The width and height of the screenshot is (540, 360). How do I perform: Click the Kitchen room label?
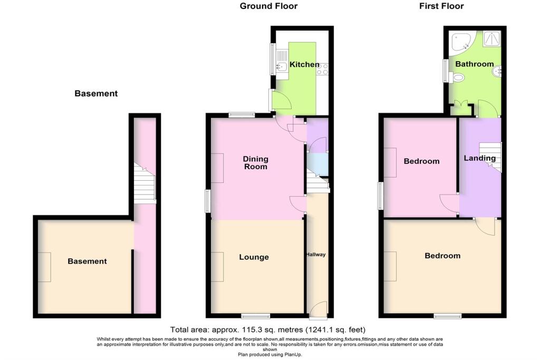click(x=304, y=64)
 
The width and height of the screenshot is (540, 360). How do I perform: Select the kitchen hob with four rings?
click(x=322, y=69)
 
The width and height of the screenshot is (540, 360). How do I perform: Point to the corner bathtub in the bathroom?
click(x=464, y=44)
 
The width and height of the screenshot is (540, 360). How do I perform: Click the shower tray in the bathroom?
click(x=492, y=38)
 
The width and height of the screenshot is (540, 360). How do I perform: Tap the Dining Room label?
click(x=255, y=163)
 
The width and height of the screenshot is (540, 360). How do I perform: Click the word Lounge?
click(x=254, y=257)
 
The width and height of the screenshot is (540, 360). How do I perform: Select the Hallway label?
click(x=316, y=255)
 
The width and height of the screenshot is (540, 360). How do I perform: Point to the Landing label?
click(x=480, y=158)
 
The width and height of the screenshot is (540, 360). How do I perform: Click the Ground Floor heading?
click(x=268, y=6)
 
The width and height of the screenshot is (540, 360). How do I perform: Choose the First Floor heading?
click(x=441, y=6)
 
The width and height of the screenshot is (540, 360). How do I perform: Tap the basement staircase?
click(x=144, y=183)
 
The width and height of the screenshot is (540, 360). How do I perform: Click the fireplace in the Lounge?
click(x=217, y=267)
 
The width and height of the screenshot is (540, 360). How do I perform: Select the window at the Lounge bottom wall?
click(x=256, y=316)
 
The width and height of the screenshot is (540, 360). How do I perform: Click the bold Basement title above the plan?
click(x=96, y=93)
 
